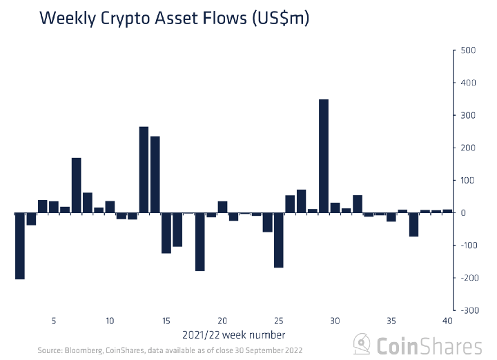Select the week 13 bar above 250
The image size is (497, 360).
pyautogui.click(x=144, y=170)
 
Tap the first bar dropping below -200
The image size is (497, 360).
pyautogui.click(x=20, y=246)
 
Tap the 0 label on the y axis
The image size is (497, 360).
pyautogui.click(x=464, y=213)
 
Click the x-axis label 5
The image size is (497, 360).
pyautogui.click(x=54, y=321)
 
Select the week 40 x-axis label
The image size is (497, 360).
pyautogui.click(x=447, y=321)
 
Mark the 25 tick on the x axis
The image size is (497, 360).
pyautogui.click(x=279, y=321)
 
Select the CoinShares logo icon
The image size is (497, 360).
pyautogui.click(x=362, y=344)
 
